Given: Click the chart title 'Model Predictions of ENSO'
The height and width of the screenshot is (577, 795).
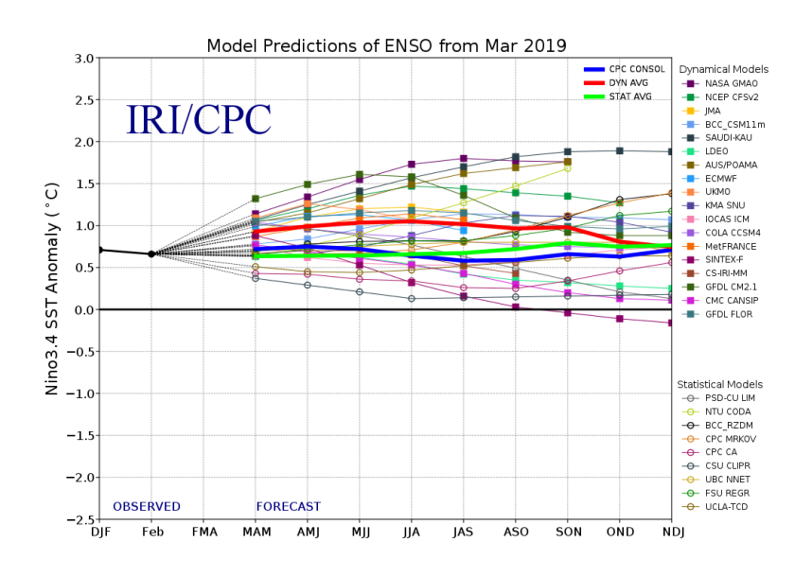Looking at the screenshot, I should point(386,45).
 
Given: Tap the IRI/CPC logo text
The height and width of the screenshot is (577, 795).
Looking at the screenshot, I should point(199,120).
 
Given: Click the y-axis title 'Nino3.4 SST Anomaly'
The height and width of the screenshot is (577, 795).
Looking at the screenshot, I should point(53,288).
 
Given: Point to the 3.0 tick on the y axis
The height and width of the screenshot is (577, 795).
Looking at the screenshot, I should point(81,59).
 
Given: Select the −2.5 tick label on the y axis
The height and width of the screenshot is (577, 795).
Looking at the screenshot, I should point(78,519).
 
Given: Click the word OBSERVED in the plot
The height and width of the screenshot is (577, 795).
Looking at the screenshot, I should point(147,507).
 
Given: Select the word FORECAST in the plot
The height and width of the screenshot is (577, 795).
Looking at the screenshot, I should point(289,507).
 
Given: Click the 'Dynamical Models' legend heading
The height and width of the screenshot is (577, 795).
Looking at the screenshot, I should point(724,70).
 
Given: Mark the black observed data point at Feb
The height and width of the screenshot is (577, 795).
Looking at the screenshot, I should point(151,254).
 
